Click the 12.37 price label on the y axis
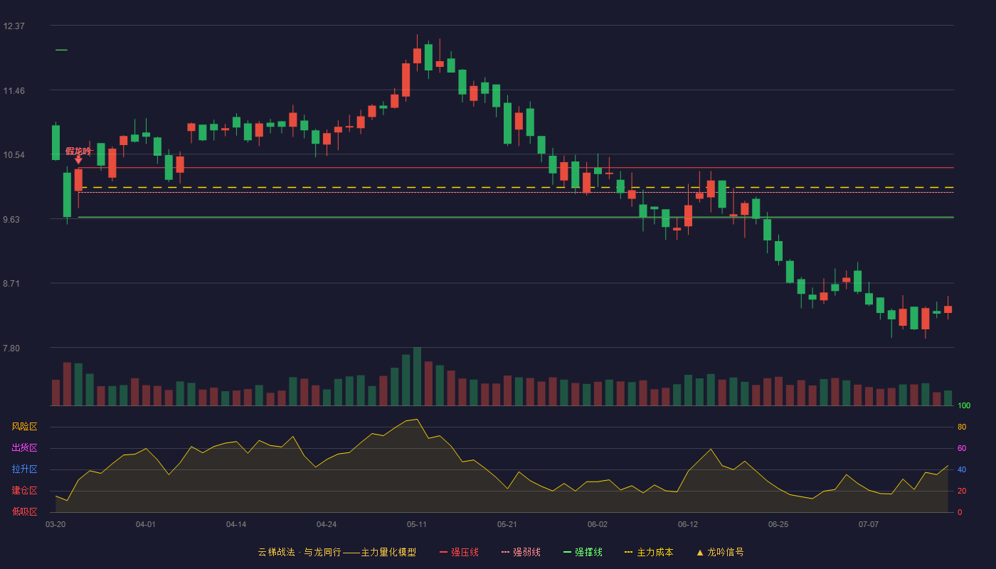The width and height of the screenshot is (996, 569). click(x=14, y=26)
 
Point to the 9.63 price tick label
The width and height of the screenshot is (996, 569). click(x=11, y=220)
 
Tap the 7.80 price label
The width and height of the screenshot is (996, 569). click(x=11, y=349)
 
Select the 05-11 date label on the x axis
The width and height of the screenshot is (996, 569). click(x=417, y=525)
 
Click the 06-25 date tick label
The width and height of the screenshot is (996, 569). click(x=778, y=525)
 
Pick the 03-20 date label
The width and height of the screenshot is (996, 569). click(x=55, y=525)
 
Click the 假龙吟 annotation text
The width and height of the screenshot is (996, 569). click(x=78, y=151)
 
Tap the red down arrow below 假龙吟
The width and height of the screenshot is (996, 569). click(x=78, y=160)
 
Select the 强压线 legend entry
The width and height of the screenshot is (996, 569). click(x=460, y=552)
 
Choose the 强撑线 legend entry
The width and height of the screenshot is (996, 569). click(x=583, y=552)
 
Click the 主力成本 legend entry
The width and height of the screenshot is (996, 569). click(x=649, y=552)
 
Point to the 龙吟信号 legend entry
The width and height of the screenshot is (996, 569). click(x=720, y=552)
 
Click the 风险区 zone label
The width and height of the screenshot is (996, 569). click(x=24, y=427)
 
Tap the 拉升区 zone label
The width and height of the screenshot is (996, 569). click(x=24, y=469)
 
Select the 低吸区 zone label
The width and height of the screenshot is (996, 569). click(x=24, y=512)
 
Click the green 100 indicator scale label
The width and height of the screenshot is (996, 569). click(x=964, y=405)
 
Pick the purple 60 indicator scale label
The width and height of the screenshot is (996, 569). click(x=962, y=448)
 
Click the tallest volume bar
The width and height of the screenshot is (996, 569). click(x=417, y=376)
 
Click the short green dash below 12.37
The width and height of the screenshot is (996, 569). click(x=61, y=50)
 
